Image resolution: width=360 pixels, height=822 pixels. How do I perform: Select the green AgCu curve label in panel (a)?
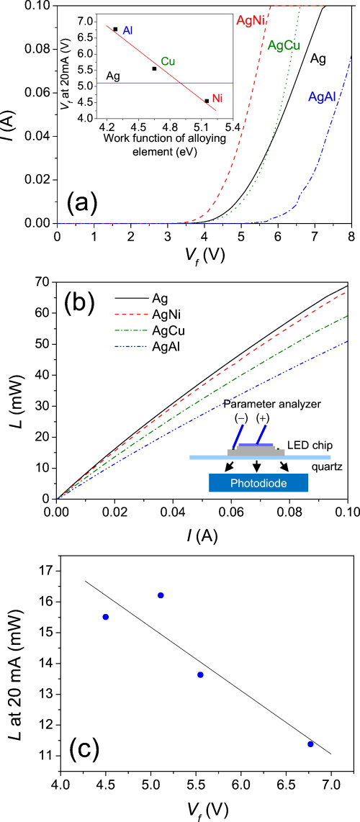pyautogui.click(x=284, y=46)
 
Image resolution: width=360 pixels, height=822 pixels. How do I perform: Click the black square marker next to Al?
pyautogui.click(x=115, y=29)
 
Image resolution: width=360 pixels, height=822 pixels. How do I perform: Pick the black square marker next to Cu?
pyautogui.click(x=154, y=68)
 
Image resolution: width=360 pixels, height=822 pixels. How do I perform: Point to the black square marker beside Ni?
pyautogui.click(x=207, y=101)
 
